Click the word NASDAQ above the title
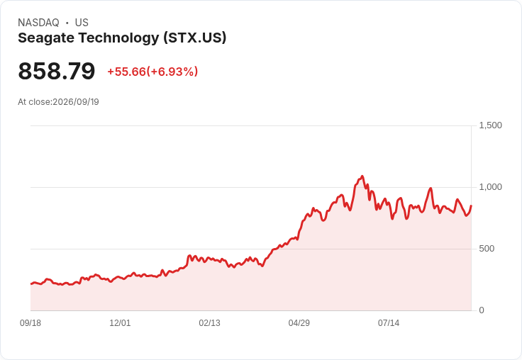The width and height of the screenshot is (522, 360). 38,23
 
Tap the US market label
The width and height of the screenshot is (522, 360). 82,23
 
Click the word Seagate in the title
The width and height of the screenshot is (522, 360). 46,38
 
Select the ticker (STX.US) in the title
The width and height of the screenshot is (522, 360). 195,38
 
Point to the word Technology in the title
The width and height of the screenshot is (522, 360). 119,38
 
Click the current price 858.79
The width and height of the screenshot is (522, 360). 57,71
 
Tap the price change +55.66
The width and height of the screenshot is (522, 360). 126,72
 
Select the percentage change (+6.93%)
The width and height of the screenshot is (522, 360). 172,72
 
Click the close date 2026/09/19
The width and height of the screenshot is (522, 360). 76,102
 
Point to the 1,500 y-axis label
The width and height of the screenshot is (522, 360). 490,125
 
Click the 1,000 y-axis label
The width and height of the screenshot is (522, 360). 490,187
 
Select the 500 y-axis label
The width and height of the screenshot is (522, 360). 487,249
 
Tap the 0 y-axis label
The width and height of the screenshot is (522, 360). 482,310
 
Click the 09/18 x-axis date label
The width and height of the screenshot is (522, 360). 30,323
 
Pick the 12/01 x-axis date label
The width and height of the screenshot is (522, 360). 120,323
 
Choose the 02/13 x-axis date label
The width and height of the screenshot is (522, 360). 210,323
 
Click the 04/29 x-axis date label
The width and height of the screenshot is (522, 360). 299,323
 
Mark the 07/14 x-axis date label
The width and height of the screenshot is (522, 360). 389,323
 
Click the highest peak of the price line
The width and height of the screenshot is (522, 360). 362,176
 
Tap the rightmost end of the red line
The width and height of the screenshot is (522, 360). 471,206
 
